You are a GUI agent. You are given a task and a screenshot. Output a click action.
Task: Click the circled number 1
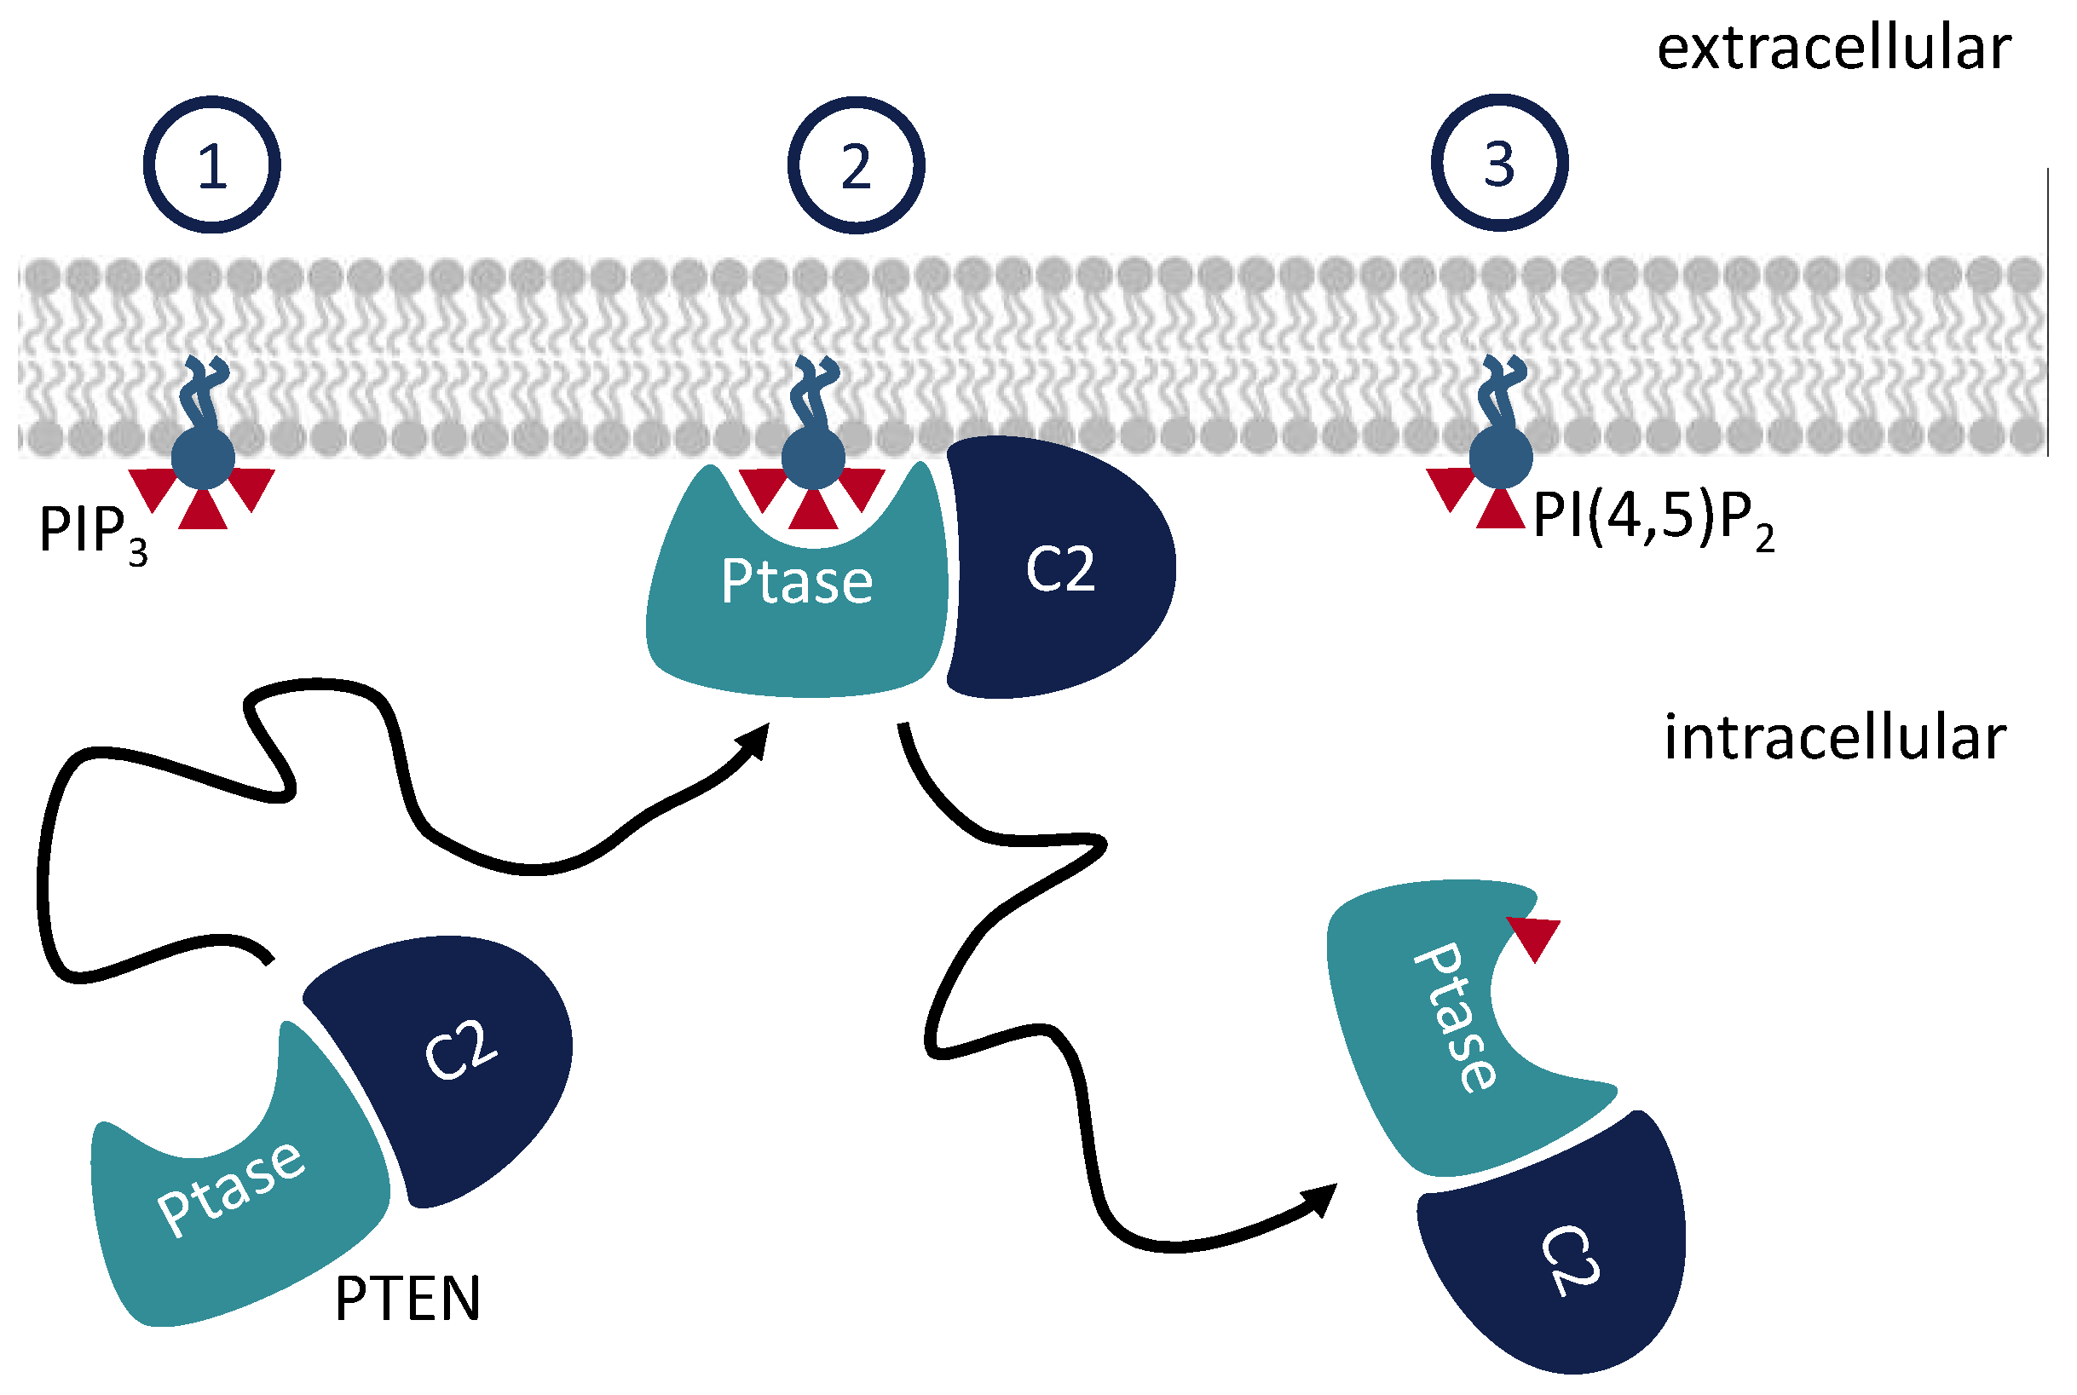click(211, 164)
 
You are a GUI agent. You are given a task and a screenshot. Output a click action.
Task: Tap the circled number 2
click(856, 164)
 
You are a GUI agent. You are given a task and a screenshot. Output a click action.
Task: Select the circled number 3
click(1499, 163)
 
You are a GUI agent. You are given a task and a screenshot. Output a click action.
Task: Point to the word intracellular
click(1834, 739)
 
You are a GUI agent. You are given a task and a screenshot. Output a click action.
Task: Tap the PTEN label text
click(407, 1299)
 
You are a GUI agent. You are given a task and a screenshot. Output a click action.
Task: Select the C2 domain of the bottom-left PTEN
click(453, 1058)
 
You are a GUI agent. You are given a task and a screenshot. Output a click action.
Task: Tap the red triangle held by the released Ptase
click(1535, 936)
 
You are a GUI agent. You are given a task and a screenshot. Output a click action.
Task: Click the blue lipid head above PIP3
click(203, 458)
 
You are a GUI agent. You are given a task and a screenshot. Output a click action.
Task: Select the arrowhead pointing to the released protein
click(1323, 1198)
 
